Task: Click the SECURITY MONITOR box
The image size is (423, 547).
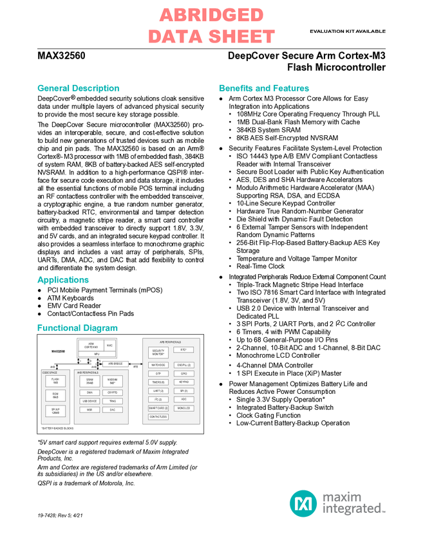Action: (158, 352)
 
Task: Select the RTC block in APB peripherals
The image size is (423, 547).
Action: (183, 349)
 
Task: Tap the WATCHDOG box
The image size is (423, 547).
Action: (158, 365)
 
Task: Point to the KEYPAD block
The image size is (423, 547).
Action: (183, 382)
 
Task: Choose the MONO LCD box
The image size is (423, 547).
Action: (183, 408)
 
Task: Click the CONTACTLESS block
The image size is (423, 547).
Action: (158, 417)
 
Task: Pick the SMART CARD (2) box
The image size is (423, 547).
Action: (158, 408)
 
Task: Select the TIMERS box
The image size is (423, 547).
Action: (158, 382)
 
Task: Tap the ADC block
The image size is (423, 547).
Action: (183, 399)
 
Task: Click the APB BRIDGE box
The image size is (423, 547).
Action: (116, 364)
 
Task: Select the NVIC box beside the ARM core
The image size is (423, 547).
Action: (109, 346)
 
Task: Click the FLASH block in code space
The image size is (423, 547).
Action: (55, 380)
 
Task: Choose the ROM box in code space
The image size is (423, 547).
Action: (55, 395)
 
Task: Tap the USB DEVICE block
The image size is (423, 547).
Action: (89, 401)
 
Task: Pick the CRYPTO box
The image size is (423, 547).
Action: (112, 393)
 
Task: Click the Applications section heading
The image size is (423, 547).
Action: (63, 280)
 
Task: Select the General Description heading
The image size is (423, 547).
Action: (78, 88)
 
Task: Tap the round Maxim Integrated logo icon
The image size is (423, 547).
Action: (303, 503)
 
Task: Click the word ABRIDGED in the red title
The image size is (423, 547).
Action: (211, 15)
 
